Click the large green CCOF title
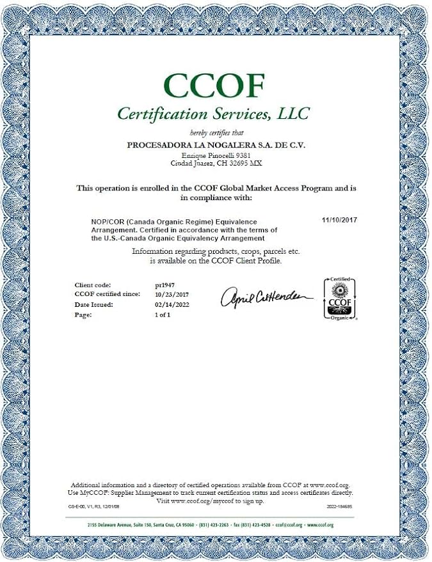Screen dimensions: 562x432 pos(213,86)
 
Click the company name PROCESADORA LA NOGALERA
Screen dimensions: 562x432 pos(216,145)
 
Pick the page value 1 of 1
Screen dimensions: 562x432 pos(164,315)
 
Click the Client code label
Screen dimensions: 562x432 pos(93,285)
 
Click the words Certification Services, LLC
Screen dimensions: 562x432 pos(213,114)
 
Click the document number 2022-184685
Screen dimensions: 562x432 pos(339,506)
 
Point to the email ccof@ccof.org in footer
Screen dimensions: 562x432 pos(289,525)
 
